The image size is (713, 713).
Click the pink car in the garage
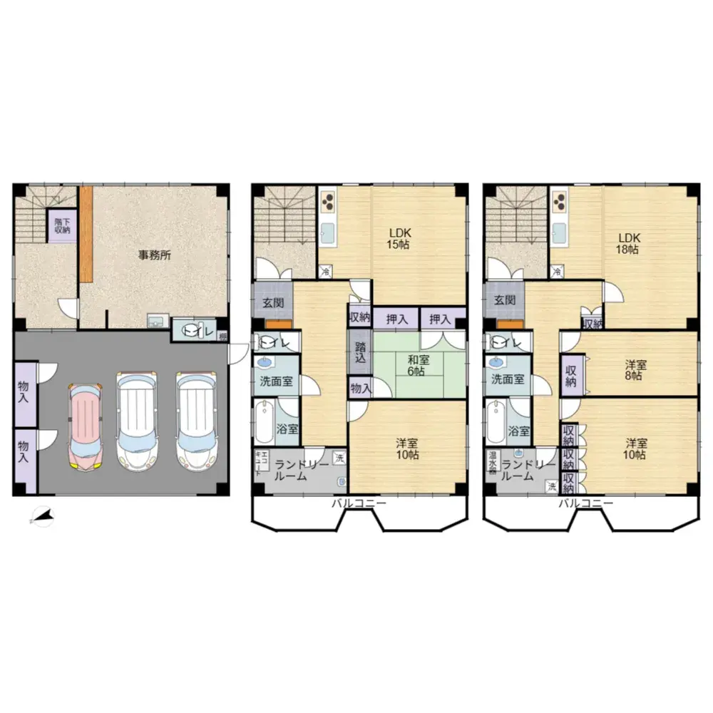pyautogui.click(x=86, y=426)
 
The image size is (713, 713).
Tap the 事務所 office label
pyautogui.click(x=154, y=255)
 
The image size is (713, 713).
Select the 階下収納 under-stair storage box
pyautogui.click(x=62, y=225)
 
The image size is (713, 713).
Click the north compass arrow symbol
pyautogui.click(x=42, y=516)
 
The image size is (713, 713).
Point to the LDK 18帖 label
pyautogui.click(x=629, y=243)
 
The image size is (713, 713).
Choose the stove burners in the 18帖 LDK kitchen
pyautogui.click(x=559, y=202)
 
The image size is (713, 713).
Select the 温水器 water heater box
pyautogui.click(x=492, y=463)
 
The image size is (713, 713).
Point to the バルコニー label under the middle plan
pyautogui.click(x=358, y=503)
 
